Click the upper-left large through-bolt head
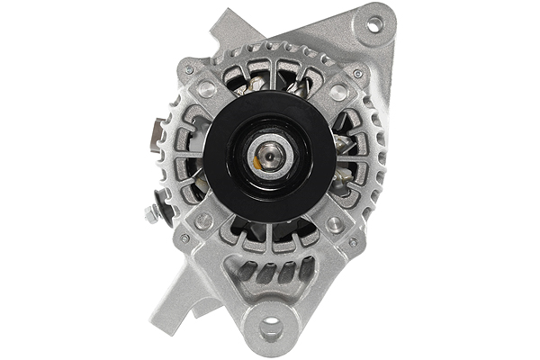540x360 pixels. pos(206,89)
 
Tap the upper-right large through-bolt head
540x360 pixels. pos(337,91)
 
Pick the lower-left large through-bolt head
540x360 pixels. pos(204,220)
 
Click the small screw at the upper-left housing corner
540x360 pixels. pos(188,69)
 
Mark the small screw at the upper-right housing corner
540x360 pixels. pos(357,73)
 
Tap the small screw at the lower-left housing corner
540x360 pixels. pos(185,238)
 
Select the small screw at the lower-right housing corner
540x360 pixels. pos(353,241)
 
